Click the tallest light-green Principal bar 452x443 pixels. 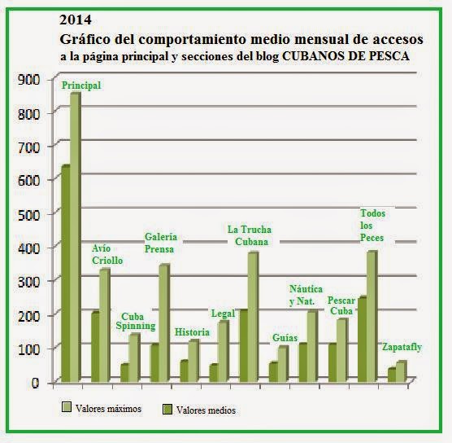[75, 237]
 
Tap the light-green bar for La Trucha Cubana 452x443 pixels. [253, 317]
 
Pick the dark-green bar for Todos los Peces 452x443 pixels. [363, 339]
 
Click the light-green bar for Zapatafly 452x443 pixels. [401, 371]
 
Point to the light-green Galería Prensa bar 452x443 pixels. [164, 322]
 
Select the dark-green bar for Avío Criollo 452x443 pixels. [95, 347]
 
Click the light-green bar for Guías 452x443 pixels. [283, 363]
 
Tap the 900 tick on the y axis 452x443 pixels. [28, 80]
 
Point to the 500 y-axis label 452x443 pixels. [28, 214]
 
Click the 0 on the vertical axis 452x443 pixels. [35, 383]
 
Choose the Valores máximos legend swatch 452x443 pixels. [67, 406]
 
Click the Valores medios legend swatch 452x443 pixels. [167, 410]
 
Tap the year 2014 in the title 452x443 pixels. [76, 20]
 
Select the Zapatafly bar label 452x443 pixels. [402, 347]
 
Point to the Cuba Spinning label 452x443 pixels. [136, 321]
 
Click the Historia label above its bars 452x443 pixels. [192, 332]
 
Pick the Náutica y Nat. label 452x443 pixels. [306, 295]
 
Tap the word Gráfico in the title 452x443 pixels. [85, 39]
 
